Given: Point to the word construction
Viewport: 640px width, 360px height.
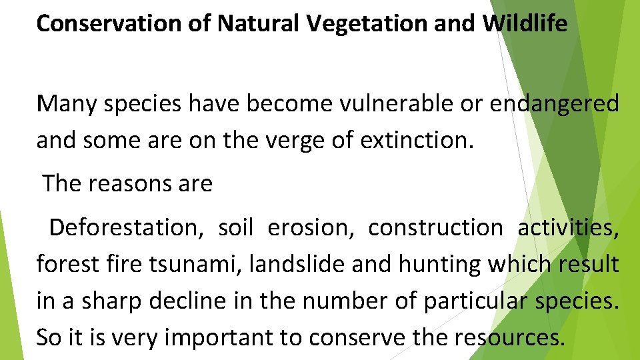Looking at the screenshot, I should (435, 228).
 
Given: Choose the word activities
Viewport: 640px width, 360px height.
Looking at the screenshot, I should (569, 228).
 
